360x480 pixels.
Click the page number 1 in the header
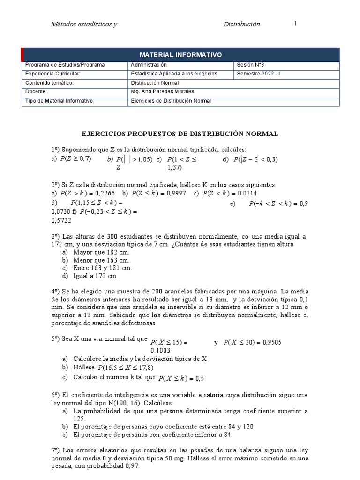(x=295, y=24)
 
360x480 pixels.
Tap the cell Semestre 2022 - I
(x=258, y=74)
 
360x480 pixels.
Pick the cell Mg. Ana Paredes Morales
(x=163, y=92)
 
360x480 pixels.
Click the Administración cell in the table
(x=149, y=65)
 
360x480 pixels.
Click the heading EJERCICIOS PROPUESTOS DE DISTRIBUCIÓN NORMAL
(x=180, y=134)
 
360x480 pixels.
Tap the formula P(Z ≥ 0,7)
(x=75, y=159)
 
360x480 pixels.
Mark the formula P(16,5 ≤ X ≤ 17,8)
(x=126, y=367)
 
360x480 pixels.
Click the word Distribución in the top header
(x=241, y=24)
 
